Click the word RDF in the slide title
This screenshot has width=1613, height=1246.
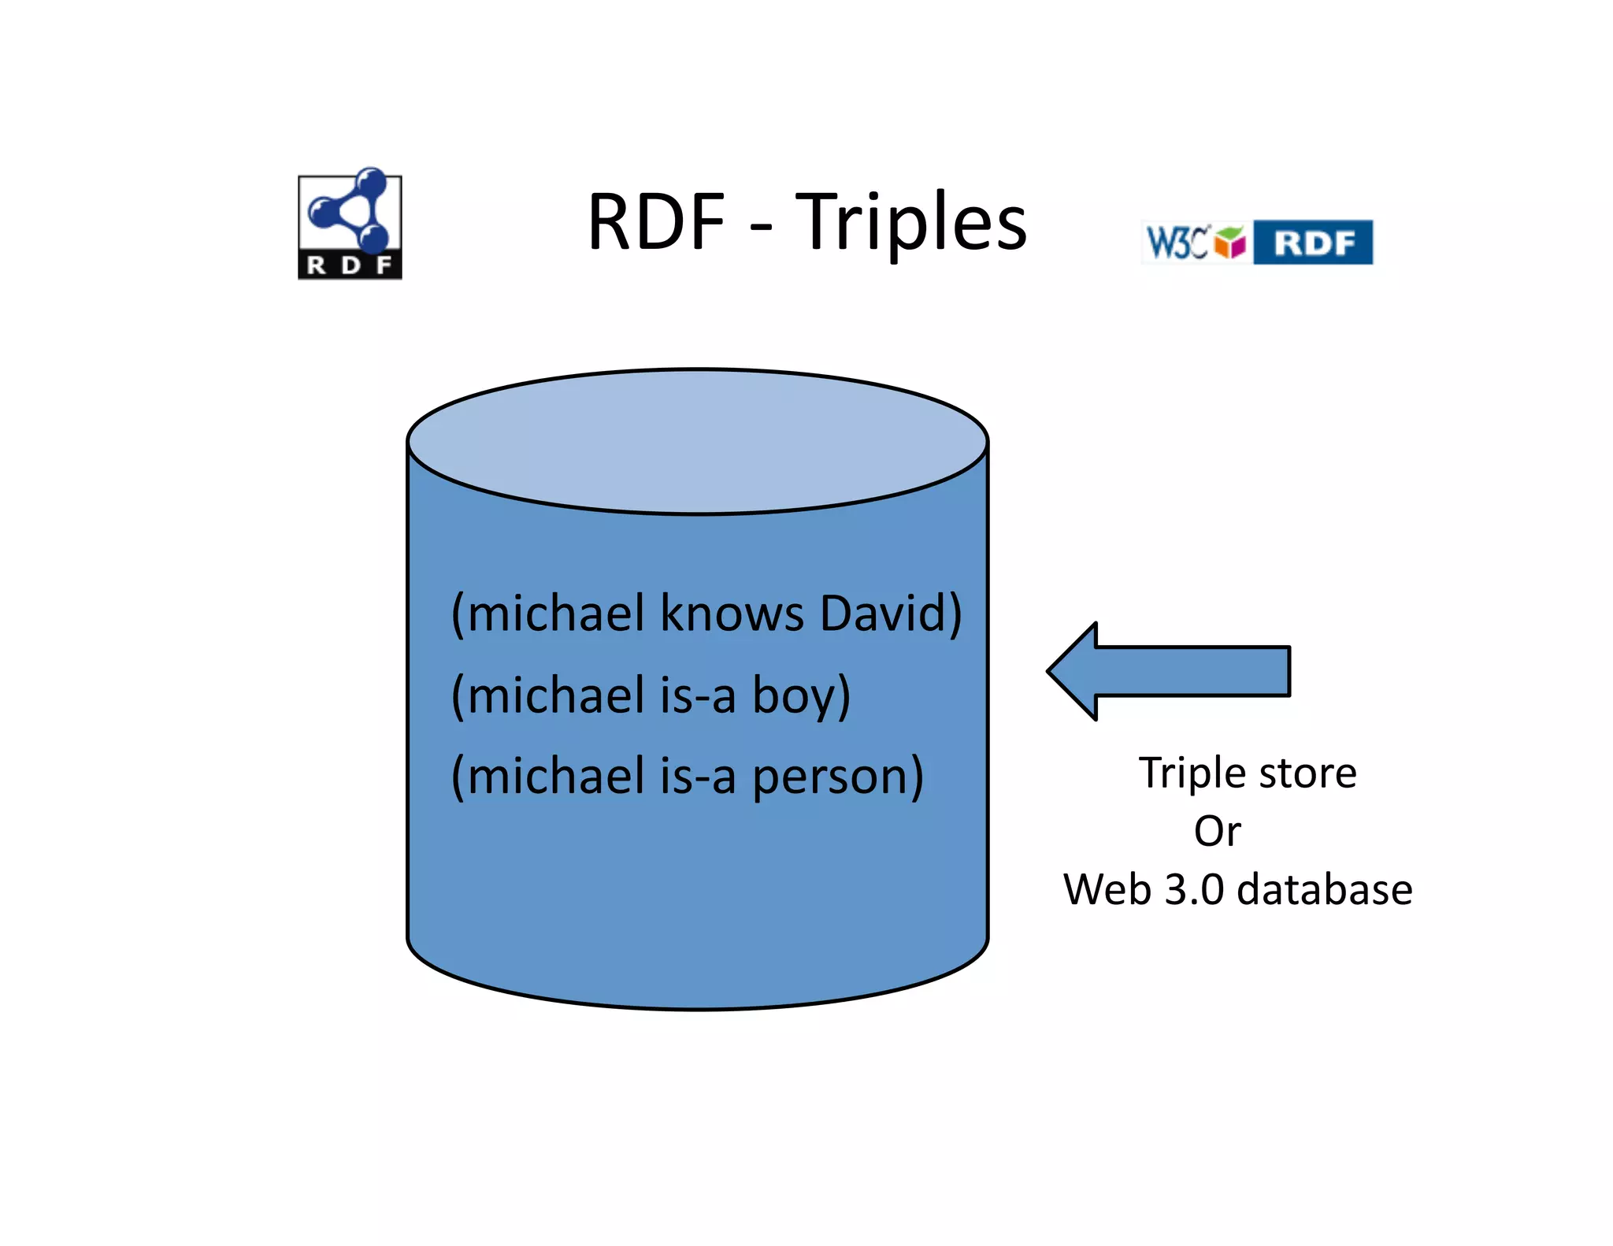tap(656, 223)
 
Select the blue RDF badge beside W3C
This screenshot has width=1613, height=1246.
tap(1313, 243)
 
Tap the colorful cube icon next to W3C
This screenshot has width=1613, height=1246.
tap(1229, 241)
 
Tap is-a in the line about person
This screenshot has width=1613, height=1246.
tap(698, 776)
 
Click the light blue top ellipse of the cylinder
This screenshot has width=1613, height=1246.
tap(697, 441)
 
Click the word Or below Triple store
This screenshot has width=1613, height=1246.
tap(1217, 832)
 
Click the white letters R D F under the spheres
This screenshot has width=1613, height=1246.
tap(350, 265)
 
